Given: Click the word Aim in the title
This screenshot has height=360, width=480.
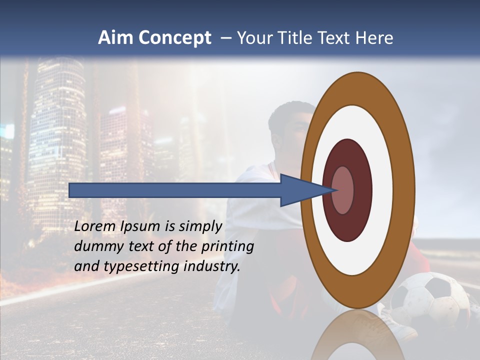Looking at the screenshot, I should coord(116,38).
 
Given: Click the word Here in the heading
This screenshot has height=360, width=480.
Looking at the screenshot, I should coord(374,38).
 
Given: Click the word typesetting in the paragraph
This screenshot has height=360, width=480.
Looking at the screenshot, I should coord(141,266).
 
